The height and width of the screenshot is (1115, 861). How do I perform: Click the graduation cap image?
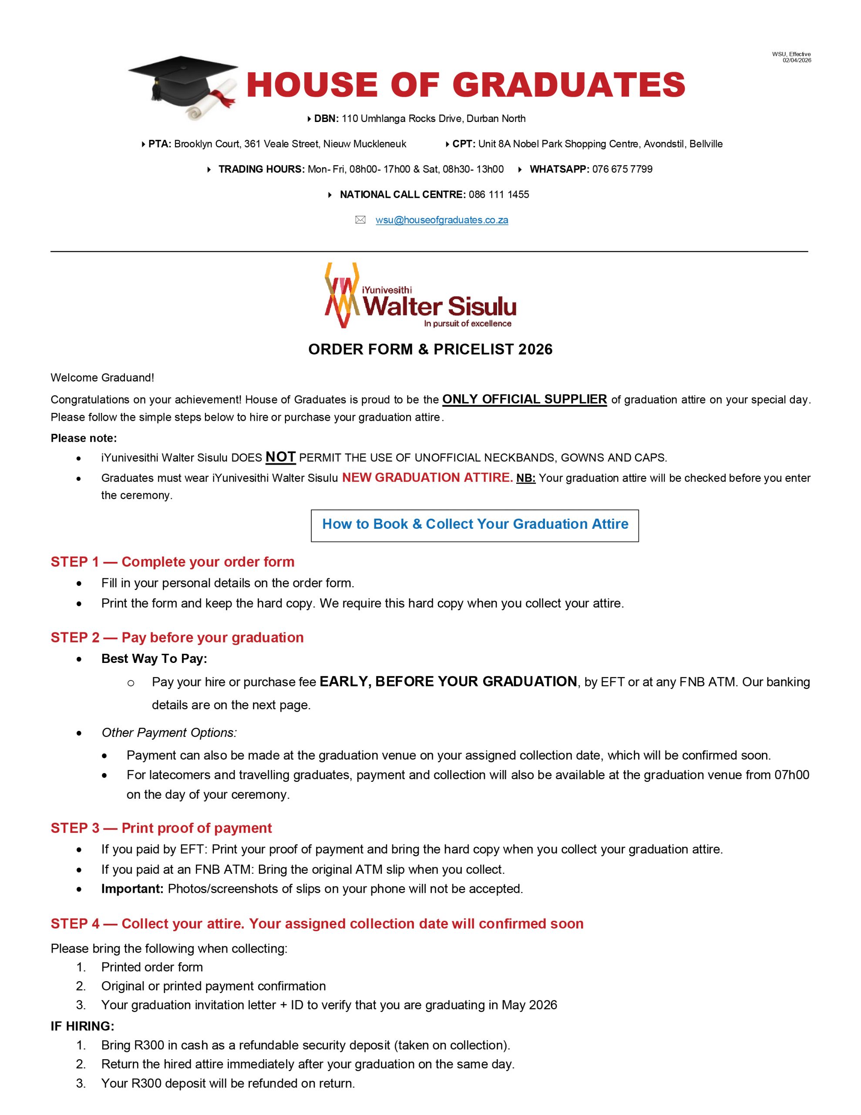[x=183, y=87]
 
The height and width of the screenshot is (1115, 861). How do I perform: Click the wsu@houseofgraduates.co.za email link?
[x=441, y=220]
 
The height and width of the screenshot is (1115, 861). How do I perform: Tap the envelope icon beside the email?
[x=360, y=220]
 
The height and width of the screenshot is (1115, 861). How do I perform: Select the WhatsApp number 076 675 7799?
[x=622, y=169]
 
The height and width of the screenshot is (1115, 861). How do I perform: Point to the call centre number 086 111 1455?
[x=499, y=195]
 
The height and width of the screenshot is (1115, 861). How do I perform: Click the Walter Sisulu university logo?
[x=420, y=296]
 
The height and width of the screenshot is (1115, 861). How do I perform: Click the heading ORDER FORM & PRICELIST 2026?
[x=430, y=349]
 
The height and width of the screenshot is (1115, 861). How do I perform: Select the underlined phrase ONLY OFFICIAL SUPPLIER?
[x=524, y=399]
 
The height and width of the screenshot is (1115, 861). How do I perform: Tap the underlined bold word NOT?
[x=280, y=457]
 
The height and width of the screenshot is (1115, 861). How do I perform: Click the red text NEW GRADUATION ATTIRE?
[x=427, y=478]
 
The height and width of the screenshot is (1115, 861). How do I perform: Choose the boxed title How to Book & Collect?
[x=474, y=524]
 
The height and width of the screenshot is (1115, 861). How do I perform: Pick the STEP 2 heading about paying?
[x=177, y=638]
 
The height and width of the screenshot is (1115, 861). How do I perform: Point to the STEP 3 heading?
[x=161, y=828]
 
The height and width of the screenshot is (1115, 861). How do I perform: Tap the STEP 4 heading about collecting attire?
[x=317, y=923]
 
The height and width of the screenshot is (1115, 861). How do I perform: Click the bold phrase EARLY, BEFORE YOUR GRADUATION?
[x=447, y=682]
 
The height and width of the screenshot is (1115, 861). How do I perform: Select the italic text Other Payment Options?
[x=169, y=733]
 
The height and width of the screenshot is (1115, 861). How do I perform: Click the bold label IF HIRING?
[x=82, y=1026]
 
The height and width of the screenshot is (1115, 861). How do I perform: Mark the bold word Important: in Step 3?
[x=132, y=889]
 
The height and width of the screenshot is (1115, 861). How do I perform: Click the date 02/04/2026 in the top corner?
[x=797, y=60]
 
